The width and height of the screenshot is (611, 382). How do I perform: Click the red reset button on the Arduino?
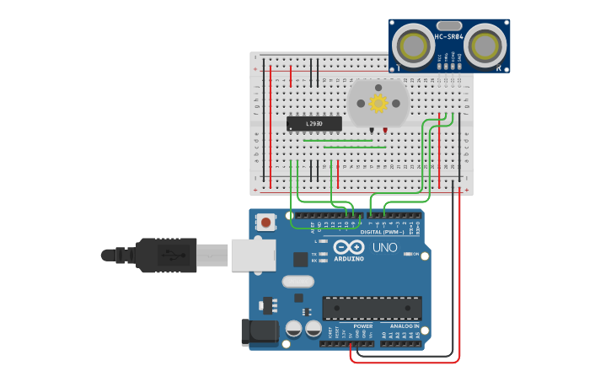[x=266, y=223]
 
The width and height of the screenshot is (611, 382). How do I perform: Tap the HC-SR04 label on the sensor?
[x=449, y=37]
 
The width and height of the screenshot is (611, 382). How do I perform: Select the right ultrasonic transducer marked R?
[x=486, y=45]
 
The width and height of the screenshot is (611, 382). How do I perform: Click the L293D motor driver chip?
[x=314, y=124]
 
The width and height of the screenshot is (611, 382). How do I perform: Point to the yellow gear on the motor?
[x=378, y=103]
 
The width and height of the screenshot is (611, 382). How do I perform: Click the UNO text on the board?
[x=385, y=248]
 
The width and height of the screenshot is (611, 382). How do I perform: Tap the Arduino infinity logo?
[x=349, y=247]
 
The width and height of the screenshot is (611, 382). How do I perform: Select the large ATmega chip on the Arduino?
[x=372, y=308]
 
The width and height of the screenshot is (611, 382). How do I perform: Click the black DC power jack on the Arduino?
[x=257, y=332]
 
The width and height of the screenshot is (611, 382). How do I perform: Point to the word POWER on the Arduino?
[x=363, y=326]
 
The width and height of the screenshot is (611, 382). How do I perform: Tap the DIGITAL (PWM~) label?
[x=383, y=232]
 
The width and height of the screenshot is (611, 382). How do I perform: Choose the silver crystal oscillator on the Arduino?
[x=297, y=281]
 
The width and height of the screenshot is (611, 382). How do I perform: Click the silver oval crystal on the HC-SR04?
[x=449, y=26]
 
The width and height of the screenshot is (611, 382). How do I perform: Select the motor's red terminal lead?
[x=385, y=130]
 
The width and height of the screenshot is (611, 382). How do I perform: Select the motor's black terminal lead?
[x=371, y=130]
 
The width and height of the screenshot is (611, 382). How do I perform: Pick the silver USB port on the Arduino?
[x=253, y=255]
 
